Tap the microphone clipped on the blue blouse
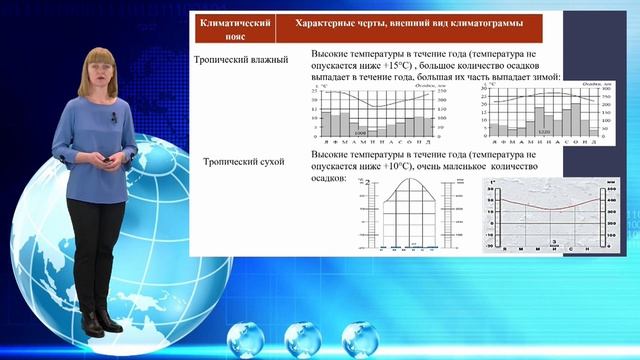click(114, 117)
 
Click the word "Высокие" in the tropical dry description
click(332, 156)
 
